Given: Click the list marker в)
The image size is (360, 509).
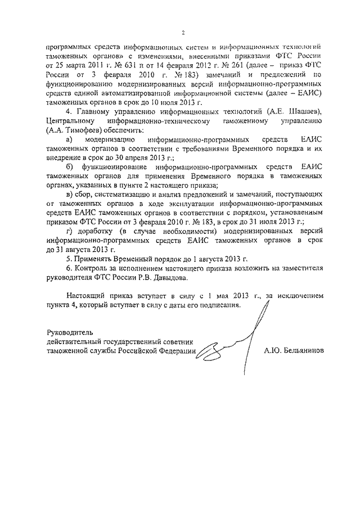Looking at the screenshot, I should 69,194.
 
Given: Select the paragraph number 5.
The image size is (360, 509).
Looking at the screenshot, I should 68,258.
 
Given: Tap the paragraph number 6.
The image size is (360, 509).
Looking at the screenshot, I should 68,268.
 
